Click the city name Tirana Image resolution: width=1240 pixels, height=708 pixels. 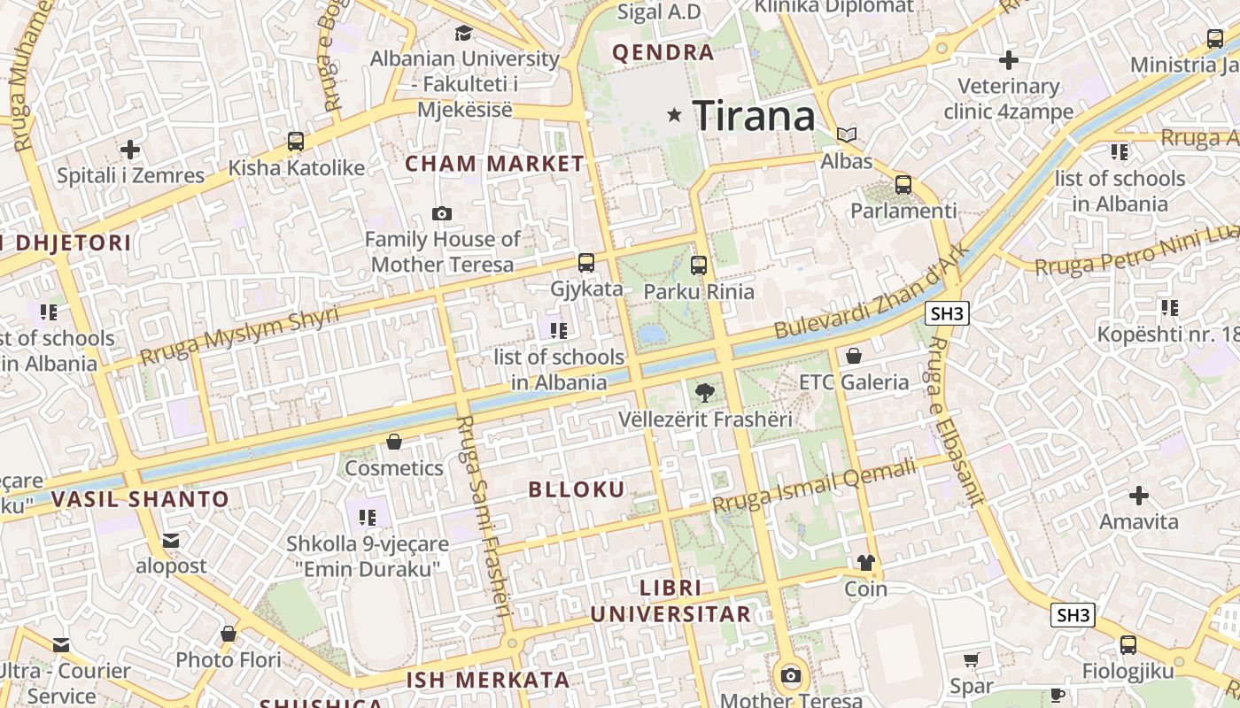[754, 116]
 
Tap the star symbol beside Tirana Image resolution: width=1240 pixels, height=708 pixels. [675, 114]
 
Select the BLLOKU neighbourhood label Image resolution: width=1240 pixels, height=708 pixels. [577, 489]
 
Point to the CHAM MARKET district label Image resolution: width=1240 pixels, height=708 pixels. [494, 164]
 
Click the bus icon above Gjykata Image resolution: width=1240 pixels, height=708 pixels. [585, 263]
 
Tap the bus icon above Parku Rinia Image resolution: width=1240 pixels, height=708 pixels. [699, 265]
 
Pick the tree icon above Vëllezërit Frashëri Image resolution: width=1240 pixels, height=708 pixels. [705, 392]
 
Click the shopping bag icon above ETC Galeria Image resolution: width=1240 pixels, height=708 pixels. [854, 356]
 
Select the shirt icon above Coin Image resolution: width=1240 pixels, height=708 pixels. [865, 563]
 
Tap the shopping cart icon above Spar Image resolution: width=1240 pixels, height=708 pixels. [972, 659]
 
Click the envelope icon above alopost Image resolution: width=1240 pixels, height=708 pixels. [171, 540]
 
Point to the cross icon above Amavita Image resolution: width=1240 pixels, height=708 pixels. [1139, 496]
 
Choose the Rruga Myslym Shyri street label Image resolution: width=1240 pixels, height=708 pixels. [239, 337]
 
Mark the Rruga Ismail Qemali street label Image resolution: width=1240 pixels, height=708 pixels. [814, 485]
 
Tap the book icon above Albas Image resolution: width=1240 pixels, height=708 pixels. [848, 135]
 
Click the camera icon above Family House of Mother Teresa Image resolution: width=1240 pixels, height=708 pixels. [441, 213]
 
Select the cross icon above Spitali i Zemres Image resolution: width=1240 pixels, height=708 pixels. [130, 150]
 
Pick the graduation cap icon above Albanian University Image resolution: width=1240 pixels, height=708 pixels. [463, 34]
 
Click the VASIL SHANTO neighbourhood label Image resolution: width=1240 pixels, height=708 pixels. [140, 499]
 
